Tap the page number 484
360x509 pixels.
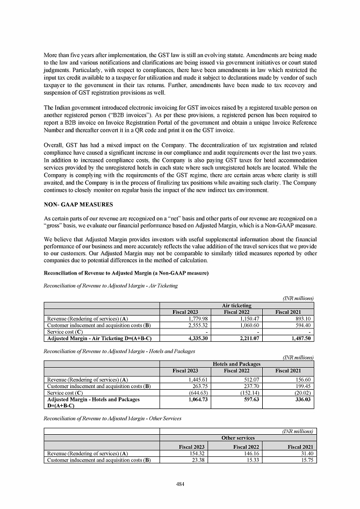click(180, 484)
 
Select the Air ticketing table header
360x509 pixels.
click(237, 305)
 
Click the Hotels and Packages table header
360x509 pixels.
click(237, 364)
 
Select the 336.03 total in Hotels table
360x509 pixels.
click(303, 399)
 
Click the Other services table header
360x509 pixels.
click(237, 438)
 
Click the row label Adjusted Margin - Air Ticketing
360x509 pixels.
click(99, 339)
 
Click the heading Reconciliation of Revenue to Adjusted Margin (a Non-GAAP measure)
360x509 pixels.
click(126, 273)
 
